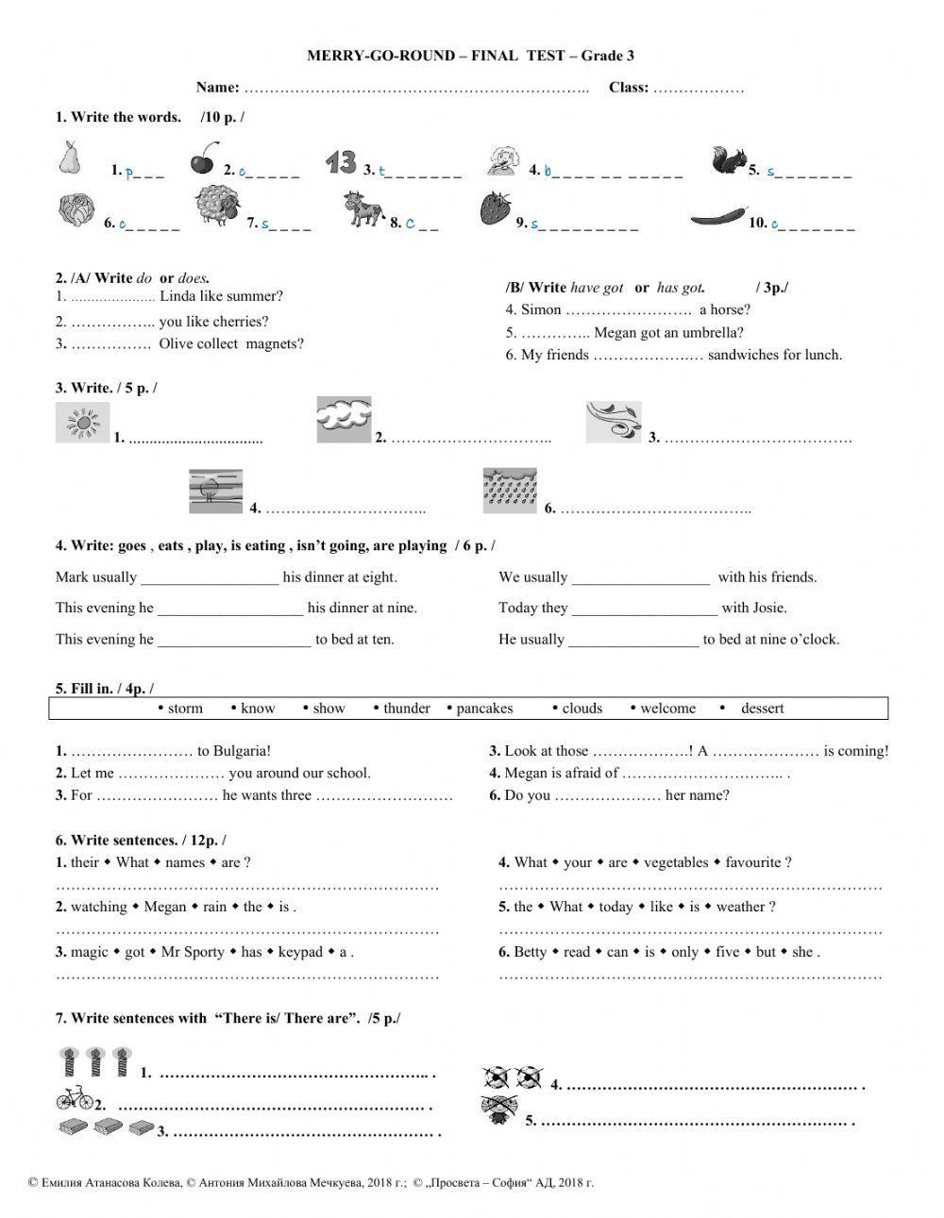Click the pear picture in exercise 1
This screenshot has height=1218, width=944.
68,158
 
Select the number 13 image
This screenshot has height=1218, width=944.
341,161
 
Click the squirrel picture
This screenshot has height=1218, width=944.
728,160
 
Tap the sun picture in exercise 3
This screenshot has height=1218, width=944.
82,422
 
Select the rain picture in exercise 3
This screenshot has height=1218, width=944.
510,492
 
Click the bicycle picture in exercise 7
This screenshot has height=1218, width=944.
75,1097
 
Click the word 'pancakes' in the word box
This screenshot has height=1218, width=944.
484,709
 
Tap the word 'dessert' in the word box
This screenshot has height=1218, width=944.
762,709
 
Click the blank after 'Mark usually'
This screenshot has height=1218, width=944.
210,578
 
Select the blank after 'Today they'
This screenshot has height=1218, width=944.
644,609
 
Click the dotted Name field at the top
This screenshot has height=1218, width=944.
415,89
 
